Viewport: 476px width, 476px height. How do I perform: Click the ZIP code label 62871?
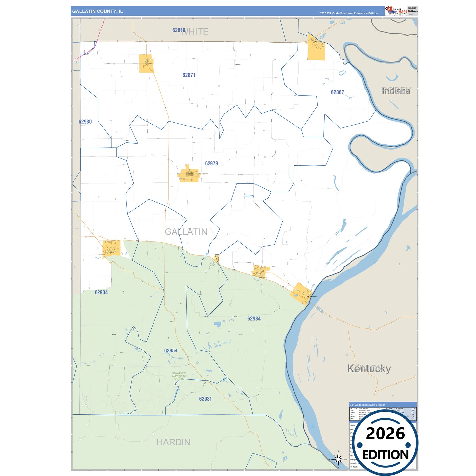(x=189, y=75)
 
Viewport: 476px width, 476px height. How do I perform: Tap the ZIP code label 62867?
(x=337, y=92)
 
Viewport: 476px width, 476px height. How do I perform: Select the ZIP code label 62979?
(x=211, y=163)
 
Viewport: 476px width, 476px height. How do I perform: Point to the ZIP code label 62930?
(x=85, y=122)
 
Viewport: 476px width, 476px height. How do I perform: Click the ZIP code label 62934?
(x=101, y=292)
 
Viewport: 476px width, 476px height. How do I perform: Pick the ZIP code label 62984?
(x=254, y=319)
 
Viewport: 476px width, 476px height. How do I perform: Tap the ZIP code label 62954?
(x=171, y=350)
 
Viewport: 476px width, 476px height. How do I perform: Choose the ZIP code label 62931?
(x=205, y=399)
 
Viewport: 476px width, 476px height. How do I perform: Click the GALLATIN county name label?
(x=186, y=232)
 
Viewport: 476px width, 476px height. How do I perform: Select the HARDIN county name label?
(x=173, y=442)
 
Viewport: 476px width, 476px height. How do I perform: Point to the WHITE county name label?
(x=195, y=32)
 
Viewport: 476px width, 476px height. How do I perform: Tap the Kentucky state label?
(x=369, y=368)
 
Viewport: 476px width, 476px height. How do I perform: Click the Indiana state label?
(x=396, y=91)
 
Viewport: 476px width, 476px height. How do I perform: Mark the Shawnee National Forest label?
(x=179, y=376)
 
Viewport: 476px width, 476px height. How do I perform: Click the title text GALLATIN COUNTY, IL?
(x=98, y=11)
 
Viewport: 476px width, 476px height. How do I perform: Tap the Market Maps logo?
(x=396, y=11)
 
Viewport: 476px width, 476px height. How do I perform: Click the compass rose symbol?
(x=338, y=459)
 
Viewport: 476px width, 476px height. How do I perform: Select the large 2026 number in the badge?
(x=385, y=434)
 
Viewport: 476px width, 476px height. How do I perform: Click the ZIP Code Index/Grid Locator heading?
(x=367, y=405)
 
